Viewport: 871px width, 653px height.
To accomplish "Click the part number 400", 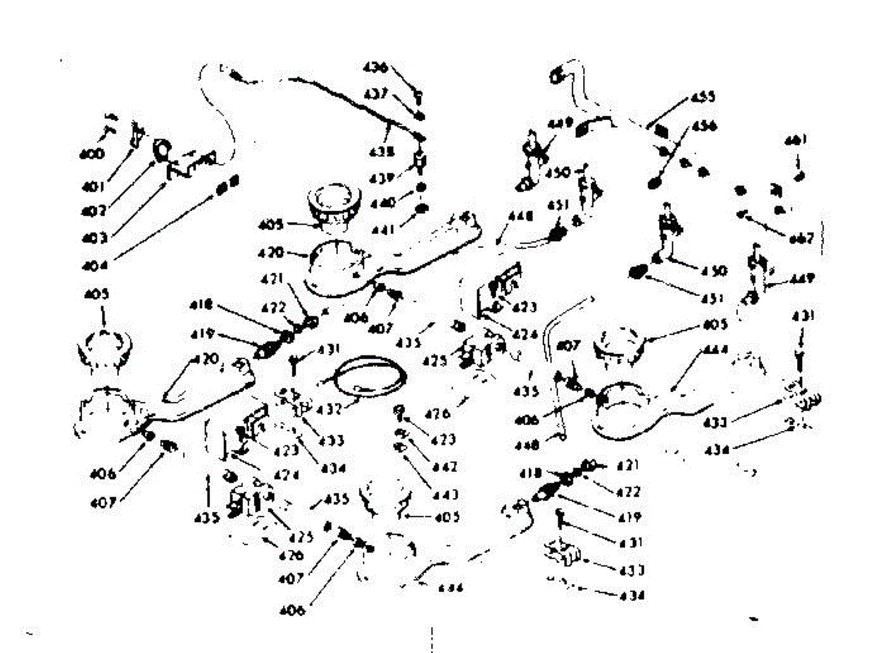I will [91, 154].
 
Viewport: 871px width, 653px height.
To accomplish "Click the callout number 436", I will [376, 68].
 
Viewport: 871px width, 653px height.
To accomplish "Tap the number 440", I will [383, 203].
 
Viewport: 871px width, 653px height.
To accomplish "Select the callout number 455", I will [702, 96].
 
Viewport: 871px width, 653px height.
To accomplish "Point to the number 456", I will [703, 126].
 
